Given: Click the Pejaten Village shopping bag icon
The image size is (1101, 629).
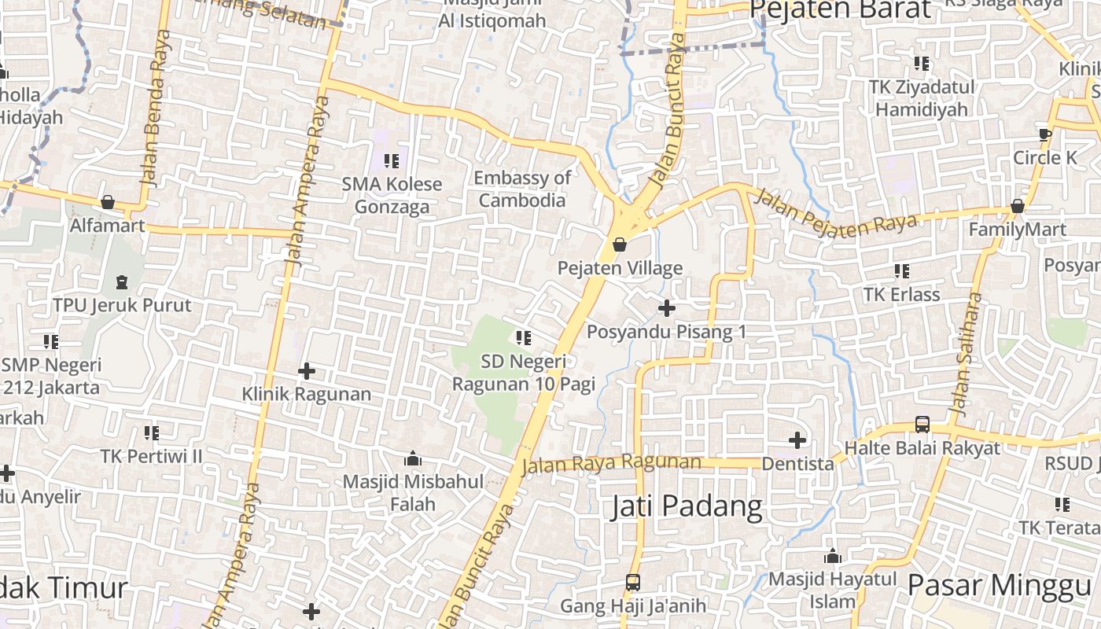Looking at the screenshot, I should pyautogui.click(x=620, y=245).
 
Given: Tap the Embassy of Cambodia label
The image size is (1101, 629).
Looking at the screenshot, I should pyautogui.click(x=522, y=189).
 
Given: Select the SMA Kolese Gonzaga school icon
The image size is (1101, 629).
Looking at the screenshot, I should pyautogui.click(x=391, y=161).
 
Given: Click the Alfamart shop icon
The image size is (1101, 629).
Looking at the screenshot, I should pyautogui.click(x=108, y=203).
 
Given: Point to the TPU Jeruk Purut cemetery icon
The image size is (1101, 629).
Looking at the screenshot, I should pyautogui.click(x=122, y=281).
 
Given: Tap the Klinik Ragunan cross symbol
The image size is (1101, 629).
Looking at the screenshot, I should pyautogui.click(x=307, y=370).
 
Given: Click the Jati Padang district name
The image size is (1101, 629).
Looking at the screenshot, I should pyautogui.click(x=687, y=506).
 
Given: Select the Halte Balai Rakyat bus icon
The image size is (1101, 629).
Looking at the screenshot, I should pyautogui.click(x=922, y=425).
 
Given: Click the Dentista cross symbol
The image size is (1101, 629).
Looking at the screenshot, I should pyautogui.click(x=797, y=440).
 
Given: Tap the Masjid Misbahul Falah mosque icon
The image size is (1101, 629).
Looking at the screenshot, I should pyautogui.click(x=412, y=458).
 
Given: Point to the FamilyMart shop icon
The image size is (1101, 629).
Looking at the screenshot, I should pyautogui.click(x=1017, y=207).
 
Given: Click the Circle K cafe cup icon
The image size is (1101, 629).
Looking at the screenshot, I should pyautogui.click(x=1044, y=134).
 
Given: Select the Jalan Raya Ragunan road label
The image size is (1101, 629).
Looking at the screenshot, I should pyautogui.click(x=610, y=463).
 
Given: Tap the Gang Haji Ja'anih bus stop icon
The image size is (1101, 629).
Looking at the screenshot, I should pyautogui.click(x=632, y=583).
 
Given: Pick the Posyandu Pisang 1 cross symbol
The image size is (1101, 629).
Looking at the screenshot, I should pyautogui.click(x=666, y=308).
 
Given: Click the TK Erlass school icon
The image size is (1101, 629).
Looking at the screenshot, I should pyautogui.click(x=901, y=271).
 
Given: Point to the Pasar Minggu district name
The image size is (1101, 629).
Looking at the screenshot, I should pyautogui.click(x=999, y=586).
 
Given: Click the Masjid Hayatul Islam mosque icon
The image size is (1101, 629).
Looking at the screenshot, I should pyautogui.click(x=833, y=557).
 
